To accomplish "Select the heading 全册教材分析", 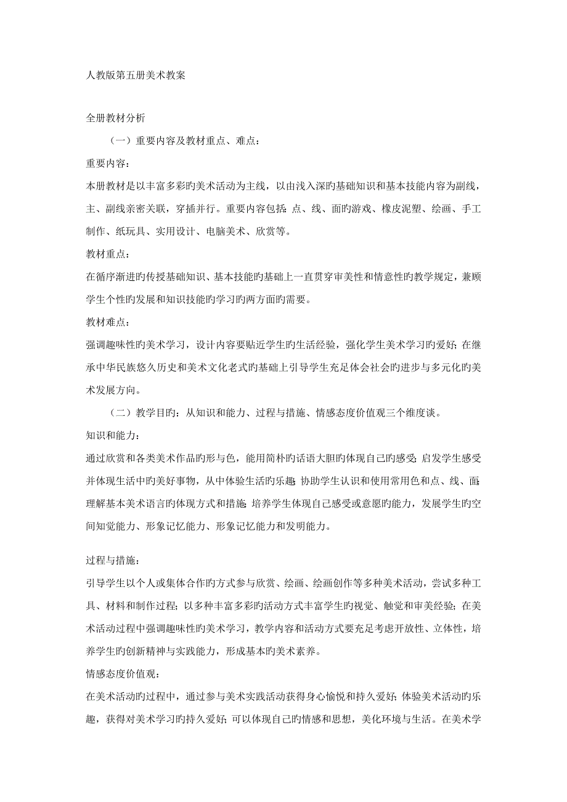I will (115, 116).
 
